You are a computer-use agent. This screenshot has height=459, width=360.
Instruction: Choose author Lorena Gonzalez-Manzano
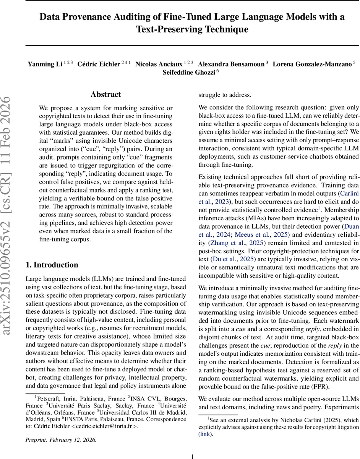pyautogui.click(x=311, y=64)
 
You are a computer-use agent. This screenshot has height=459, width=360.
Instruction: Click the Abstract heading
pyautogui.click(x=106, y=94)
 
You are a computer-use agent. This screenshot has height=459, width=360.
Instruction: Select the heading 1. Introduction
pyautogui.click(x=52, y=254)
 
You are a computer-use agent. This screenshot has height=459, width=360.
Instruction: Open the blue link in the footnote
pyautogui.click(x=205, y=434)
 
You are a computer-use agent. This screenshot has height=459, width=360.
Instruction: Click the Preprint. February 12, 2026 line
pyautogui.click(x=61, y=440)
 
